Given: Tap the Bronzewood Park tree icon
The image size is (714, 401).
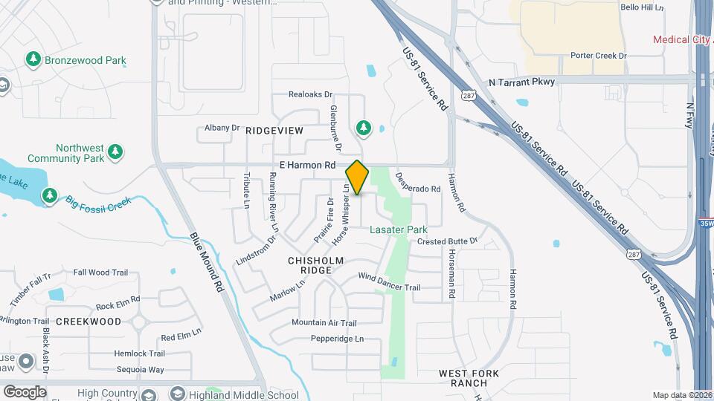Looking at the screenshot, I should tap(33, 59).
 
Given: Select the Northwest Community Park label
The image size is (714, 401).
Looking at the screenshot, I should tap(65, 154).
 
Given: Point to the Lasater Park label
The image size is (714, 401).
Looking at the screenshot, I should tap(399, 230).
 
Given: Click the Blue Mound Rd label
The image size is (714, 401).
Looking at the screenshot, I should tap(207, 262).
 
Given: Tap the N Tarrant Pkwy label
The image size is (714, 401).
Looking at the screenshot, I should tap(522, 82).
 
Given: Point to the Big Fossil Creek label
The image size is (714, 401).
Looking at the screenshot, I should tap(97, 201).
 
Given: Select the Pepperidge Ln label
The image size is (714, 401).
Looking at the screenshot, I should tap(338, 339).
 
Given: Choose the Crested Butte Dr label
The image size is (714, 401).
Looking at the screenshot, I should tap(446, 241).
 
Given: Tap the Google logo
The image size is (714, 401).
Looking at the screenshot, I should tap(25, 391).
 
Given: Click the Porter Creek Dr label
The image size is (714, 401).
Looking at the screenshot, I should tap(599, 56).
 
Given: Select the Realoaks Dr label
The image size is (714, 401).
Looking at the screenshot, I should tap(310, 95).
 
